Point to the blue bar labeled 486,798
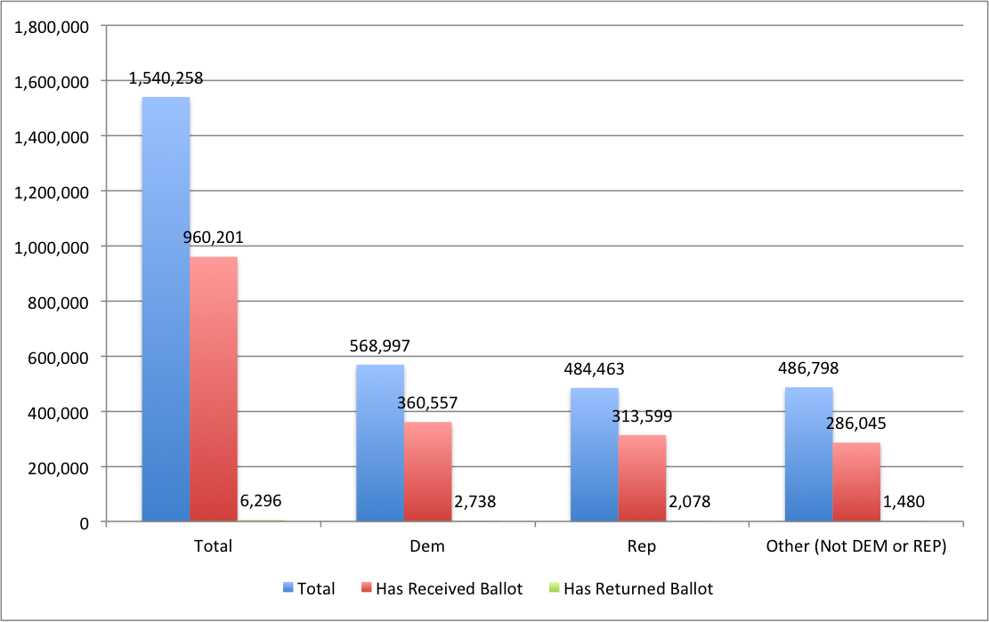pyautogui.click(x=809, y=454)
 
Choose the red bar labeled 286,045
pyautogui.click(x=856, y=481)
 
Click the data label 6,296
pyautogui.click(x=261, y=502)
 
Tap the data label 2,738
pyautogui.click(x=474, y=502)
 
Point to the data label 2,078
pyautogui.click(x=689, y=502)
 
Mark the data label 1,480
pyautogui.click(x=904, y=502)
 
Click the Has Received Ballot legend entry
pyautogui.click(x=441, y=588)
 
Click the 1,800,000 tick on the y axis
pyautogui.click(x=51, y=27)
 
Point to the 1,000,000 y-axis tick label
pyautogui.click(x=51, y=246)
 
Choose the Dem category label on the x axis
pyautogui.click(x=428, y=546)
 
